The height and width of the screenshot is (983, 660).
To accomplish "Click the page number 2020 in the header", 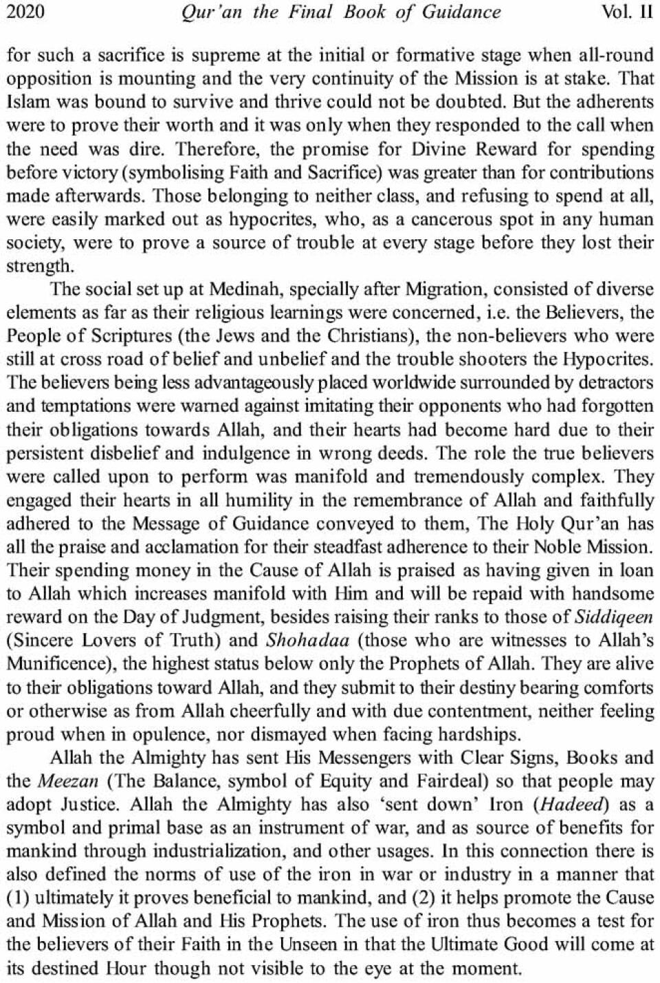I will [25, 12].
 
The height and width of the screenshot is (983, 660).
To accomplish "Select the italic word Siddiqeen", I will [613, 617].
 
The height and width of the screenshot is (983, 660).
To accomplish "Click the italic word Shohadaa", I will [307, 640].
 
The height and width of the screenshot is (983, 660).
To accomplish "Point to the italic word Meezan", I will [63, 781].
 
